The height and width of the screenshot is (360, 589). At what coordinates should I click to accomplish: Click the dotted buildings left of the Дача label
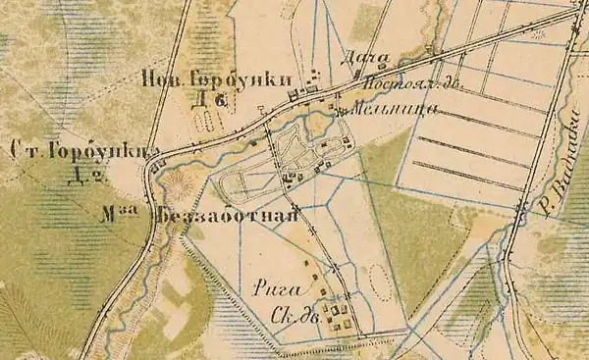[314, 77]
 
